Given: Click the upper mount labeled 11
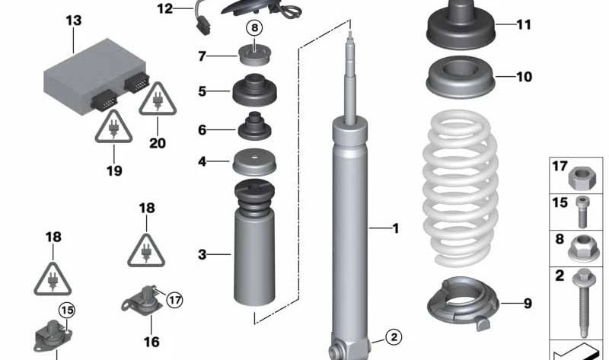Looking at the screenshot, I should (x=460, y=27).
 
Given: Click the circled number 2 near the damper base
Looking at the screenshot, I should (x=392, y=336).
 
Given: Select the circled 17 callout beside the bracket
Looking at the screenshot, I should (x=174, y=300).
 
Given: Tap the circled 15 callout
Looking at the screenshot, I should (x=67, y=311).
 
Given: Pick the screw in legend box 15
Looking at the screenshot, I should (x=582, y=212).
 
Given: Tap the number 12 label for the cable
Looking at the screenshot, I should (x=165, y=9).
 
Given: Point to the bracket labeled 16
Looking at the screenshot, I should (x=144, y=301).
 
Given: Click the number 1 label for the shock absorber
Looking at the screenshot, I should (x=394, y=228).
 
